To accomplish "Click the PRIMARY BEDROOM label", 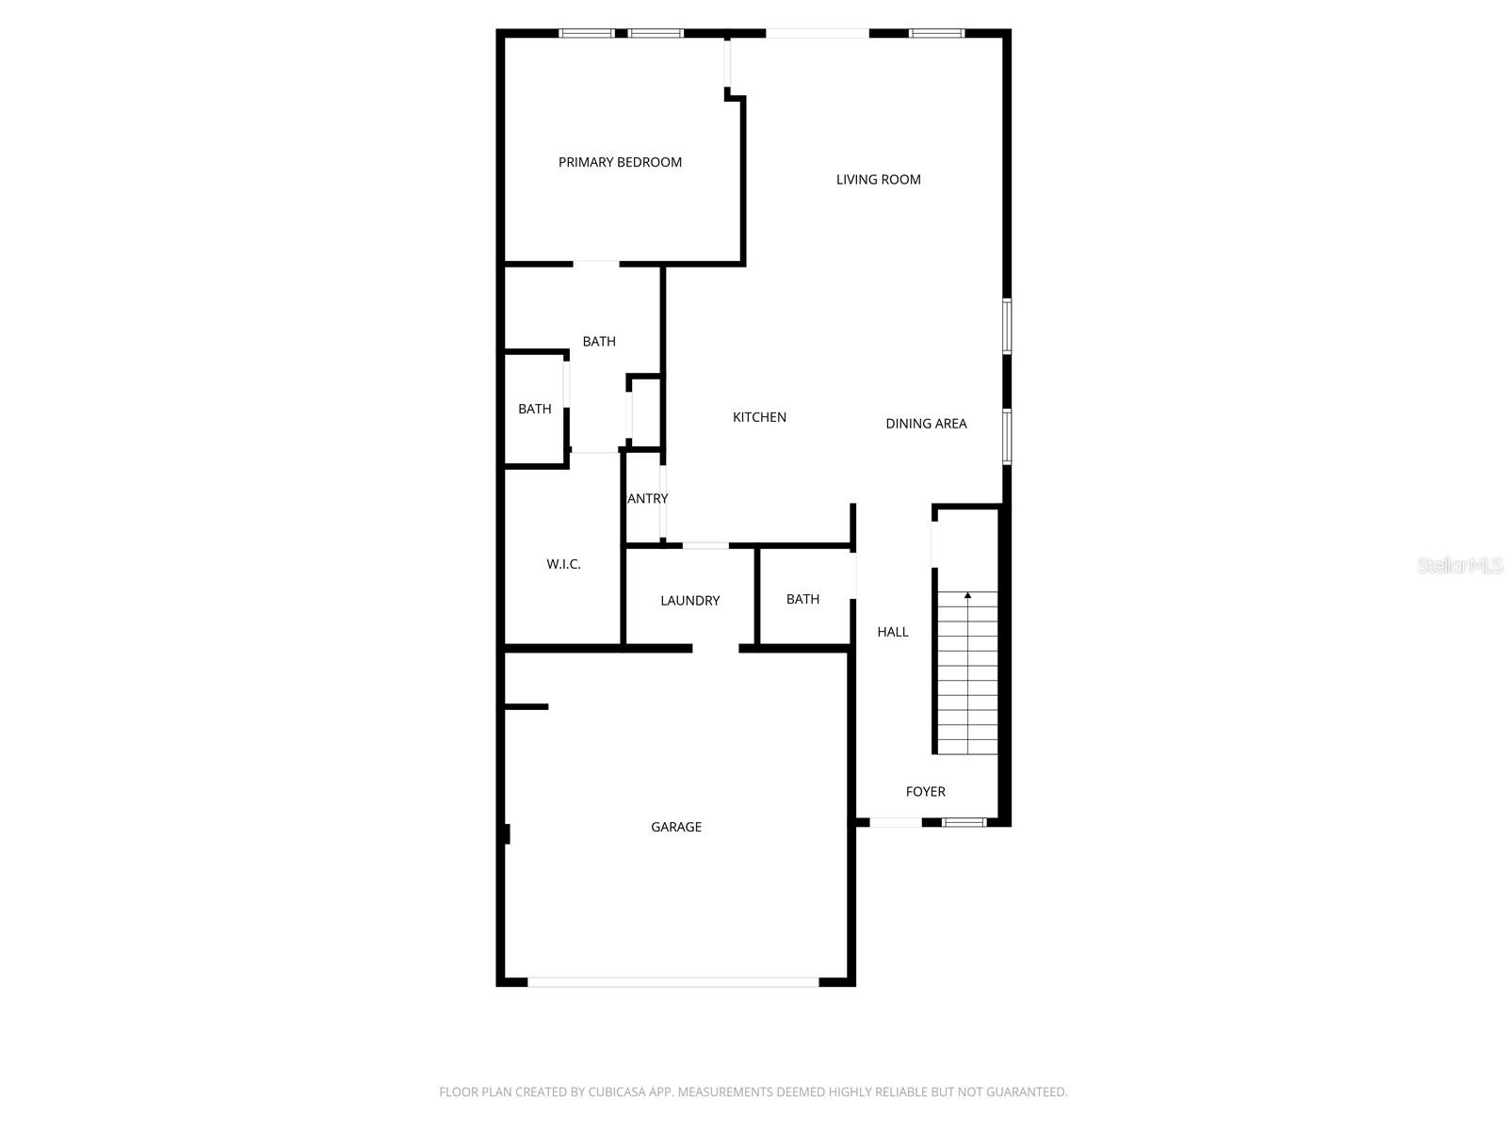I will [x=620, y=162].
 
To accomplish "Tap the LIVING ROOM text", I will [x=878, y=179].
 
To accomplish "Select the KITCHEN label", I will [x=759, y=417].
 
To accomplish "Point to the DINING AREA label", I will [x=926, y=424].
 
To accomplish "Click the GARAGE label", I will [x=676, y=827].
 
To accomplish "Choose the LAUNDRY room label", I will [x=689, y=601].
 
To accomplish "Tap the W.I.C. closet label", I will [x=563, y=564].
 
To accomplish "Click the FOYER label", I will [x=925, y=792].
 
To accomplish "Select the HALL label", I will [x=893, y=632].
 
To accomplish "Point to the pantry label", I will [x=648, y=499].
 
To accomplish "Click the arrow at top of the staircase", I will [x=967, y=595].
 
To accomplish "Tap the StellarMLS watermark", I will [x=1460, y=565].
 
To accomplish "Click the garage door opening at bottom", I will [x=672, y=982].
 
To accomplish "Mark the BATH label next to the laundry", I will [x=802, y=599].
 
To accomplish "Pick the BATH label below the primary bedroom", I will [x=599, y=342].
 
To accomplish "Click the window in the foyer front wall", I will [x=964, y=822].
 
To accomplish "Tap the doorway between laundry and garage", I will [x=716, y=648].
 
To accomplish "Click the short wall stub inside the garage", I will [x=527, y=706].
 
